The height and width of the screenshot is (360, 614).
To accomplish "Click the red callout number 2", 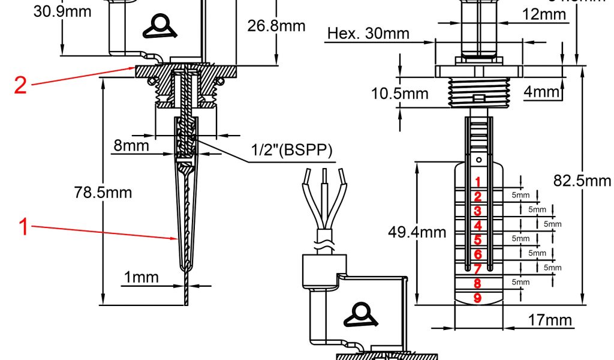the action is pos(20,85).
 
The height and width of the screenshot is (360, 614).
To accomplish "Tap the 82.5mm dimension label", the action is pos(582,181).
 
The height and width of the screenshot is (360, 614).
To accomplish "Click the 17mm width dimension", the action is pos(550,320).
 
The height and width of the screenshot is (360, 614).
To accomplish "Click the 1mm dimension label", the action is pos(142,277).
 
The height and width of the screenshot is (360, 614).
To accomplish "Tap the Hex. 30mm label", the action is pos(368,34).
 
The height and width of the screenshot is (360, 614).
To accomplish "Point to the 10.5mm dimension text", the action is pos(399,94).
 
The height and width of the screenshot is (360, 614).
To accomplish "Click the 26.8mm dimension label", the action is pos(276,26).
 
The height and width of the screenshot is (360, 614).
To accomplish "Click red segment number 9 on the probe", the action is pos(477,298).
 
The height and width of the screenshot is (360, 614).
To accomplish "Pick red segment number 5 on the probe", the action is pos(477,240).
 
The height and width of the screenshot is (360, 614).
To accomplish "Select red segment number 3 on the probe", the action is pos(477,211).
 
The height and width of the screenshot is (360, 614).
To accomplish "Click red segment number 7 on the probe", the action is pos(477,269).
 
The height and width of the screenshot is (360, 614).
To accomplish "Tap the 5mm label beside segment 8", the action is pos(520,282).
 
